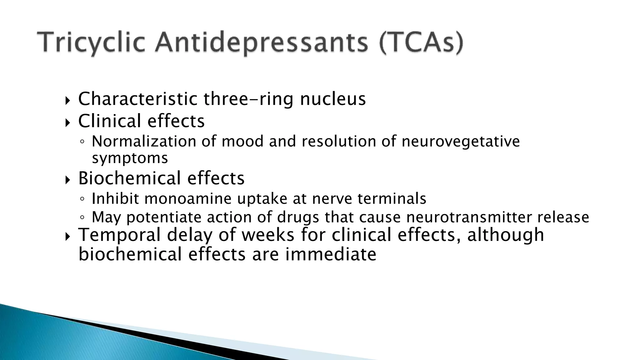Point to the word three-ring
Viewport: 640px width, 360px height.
248,100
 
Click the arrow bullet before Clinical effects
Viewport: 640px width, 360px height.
68,123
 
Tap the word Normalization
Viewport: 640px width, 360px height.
144,141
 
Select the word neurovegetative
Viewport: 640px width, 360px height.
461,142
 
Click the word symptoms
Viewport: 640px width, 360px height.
130,158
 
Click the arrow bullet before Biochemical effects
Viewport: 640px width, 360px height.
68,180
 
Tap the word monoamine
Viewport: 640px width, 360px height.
188,198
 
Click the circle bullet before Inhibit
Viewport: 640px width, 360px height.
82,199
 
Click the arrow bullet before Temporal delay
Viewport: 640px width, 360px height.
68,237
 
